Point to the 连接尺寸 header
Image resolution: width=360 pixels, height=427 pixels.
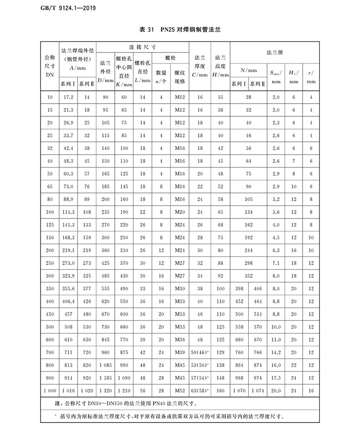point(143,47)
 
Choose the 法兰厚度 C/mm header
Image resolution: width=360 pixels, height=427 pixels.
point(200,66)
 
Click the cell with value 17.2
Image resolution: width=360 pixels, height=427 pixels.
point(68,98)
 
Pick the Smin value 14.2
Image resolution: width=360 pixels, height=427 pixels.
point(276,353)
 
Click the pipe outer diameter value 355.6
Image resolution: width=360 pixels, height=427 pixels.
point(68,289)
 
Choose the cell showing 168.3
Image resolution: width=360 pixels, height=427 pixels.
point(68,238)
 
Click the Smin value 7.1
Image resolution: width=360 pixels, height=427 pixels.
point(276,263)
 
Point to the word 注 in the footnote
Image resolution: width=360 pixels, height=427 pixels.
point(57,404)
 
